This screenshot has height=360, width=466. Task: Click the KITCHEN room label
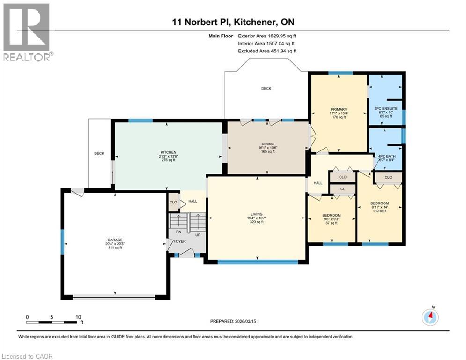click(168, 153)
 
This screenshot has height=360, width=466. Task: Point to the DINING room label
click(268, 144)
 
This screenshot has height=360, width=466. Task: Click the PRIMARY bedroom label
click(338, 109)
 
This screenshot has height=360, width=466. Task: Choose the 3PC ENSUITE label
click(385, 109)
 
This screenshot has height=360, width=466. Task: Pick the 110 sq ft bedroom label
click(379, 203)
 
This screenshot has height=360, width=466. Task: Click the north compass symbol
click(430, 317)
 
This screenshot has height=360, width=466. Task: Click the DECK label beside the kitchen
click(99, 153)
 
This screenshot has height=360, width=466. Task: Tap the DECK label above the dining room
click(266, 88)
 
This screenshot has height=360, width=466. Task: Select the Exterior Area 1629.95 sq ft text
click(267, 35)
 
